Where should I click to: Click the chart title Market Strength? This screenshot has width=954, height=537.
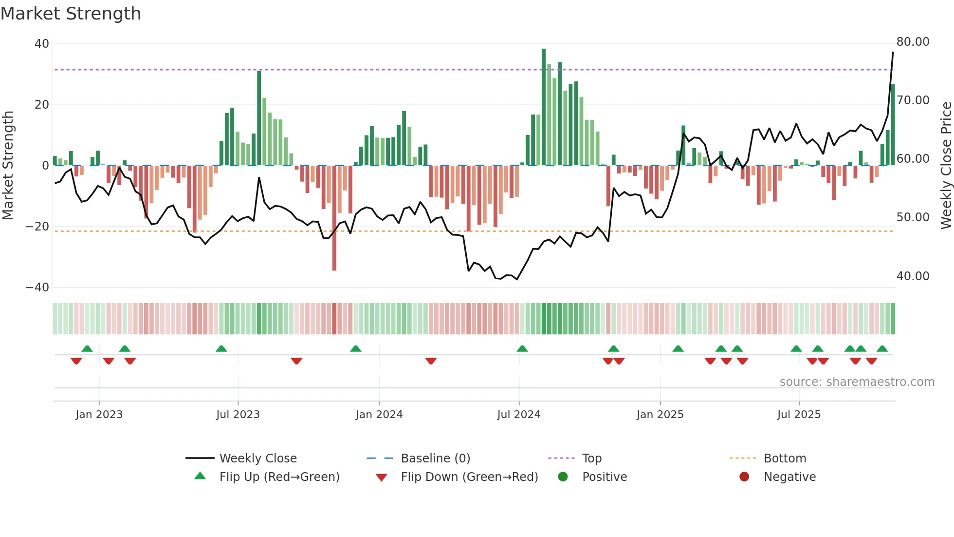71,14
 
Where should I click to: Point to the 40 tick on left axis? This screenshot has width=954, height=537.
42,44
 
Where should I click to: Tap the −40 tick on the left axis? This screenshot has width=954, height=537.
37,288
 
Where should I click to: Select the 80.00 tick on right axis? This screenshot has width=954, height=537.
913,42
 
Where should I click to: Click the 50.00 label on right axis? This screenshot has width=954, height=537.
913,217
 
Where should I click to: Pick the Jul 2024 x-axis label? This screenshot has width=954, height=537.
518,415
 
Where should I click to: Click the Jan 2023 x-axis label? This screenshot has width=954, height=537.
99,415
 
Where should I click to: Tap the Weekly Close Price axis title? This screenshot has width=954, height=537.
946,165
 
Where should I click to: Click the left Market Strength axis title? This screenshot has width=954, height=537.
8,165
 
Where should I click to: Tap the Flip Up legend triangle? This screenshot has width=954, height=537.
200,476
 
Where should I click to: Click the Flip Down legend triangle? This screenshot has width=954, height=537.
382,478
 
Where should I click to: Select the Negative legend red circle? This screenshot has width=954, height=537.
744,477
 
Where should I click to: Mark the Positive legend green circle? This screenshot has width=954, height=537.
563,477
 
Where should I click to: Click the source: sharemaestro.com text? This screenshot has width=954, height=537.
857,382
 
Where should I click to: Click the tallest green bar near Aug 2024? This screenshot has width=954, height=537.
544,107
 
